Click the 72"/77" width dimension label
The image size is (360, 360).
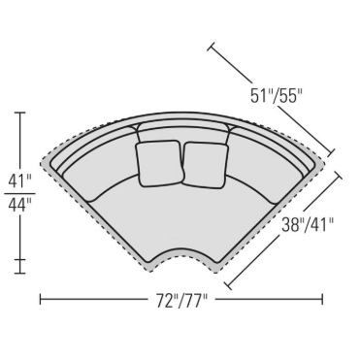coord(181,301)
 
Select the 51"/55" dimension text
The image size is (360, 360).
coord(276,95)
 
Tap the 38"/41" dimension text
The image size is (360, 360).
coord(308,224)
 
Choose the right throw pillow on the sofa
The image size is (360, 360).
coord(206,165)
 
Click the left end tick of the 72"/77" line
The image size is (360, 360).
coord(40,299)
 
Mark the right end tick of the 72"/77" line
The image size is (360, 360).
coord(322,299)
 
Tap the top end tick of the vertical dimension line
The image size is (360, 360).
coord(20,113)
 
